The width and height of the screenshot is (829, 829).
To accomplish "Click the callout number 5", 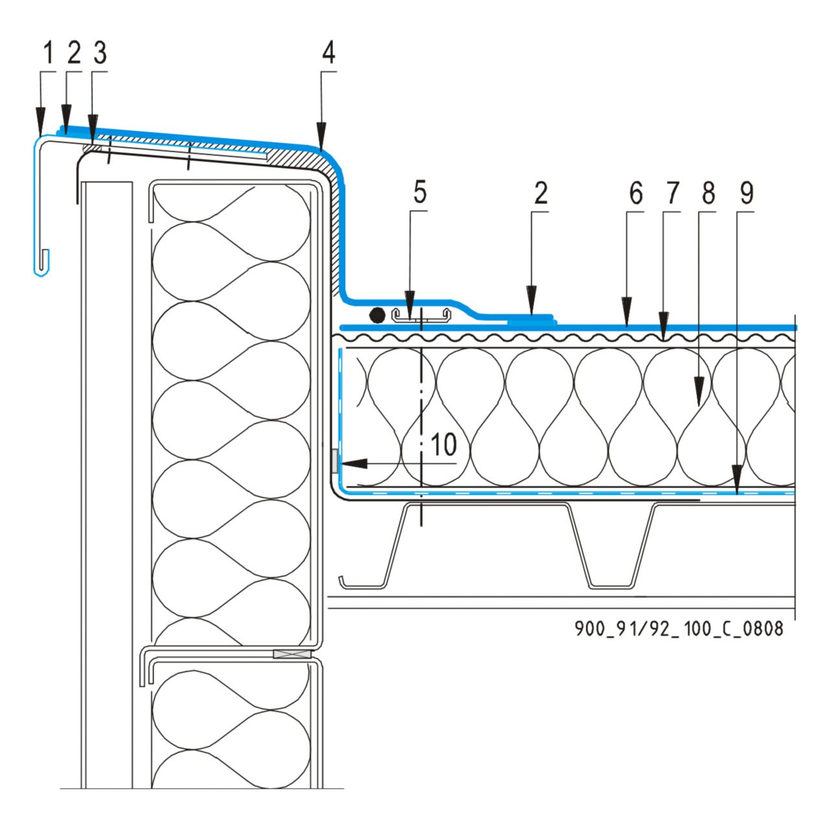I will click(x=420, y=193).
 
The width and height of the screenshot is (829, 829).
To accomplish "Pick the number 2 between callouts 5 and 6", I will click(x=540, y=193).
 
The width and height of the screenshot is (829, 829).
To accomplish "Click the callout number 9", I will click(x=444, y=446).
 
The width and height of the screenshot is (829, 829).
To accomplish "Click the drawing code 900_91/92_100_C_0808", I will click(x=679, y=628).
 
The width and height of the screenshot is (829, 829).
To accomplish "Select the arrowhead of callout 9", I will click(x=736, y=478).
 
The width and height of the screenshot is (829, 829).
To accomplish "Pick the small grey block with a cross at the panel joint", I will click(x=291, y=655).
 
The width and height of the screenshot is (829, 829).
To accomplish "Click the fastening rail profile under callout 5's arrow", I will click(x=421, y=316).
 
